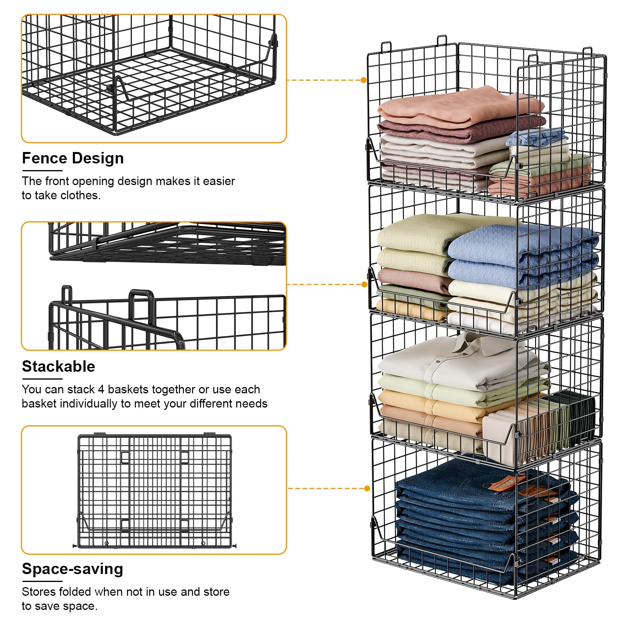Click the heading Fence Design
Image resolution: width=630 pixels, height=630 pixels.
[x=73, y=158]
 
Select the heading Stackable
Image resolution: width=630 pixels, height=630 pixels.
[x=58, y=366]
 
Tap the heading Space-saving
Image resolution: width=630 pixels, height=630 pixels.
[x=72, y=569]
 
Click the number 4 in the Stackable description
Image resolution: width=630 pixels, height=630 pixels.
[x=101, y=389]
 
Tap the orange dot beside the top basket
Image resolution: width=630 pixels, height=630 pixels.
[x=363, y=80]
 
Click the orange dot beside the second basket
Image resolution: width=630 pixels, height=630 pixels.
[x=364, y=284]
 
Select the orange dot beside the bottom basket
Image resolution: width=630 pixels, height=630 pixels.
[x=367, y=488]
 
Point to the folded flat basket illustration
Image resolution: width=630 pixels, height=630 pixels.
[x=154, y=491]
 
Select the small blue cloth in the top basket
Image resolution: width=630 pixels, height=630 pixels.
[x=537, y=137]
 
